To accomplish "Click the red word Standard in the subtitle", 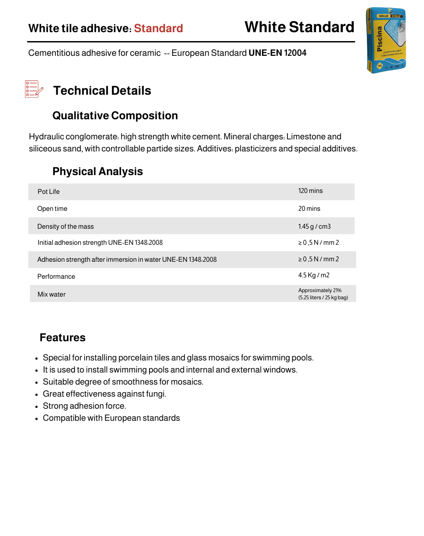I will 158,29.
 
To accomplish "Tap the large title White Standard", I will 299,27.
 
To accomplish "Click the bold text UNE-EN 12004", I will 278,53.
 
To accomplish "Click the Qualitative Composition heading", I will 115,116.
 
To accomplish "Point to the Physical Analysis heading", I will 98,172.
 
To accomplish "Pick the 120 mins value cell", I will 310,191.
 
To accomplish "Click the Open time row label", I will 52,209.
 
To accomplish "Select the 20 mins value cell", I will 309,209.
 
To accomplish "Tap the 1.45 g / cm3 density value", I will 314,226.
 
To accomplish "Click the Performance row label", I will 56,276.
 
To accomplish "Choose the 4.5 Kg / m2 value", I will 314,276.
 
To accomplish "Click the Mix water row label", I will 51,294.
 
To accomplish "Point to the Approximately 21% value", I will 320,290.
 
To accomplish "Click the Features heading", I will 62,338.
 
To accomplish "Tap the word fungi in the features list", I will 155,394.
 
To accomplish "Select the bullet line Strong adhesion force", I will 84,406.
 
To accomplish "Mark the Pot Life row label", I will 48,192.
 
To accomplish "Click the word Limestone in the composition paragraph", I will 314,137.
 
